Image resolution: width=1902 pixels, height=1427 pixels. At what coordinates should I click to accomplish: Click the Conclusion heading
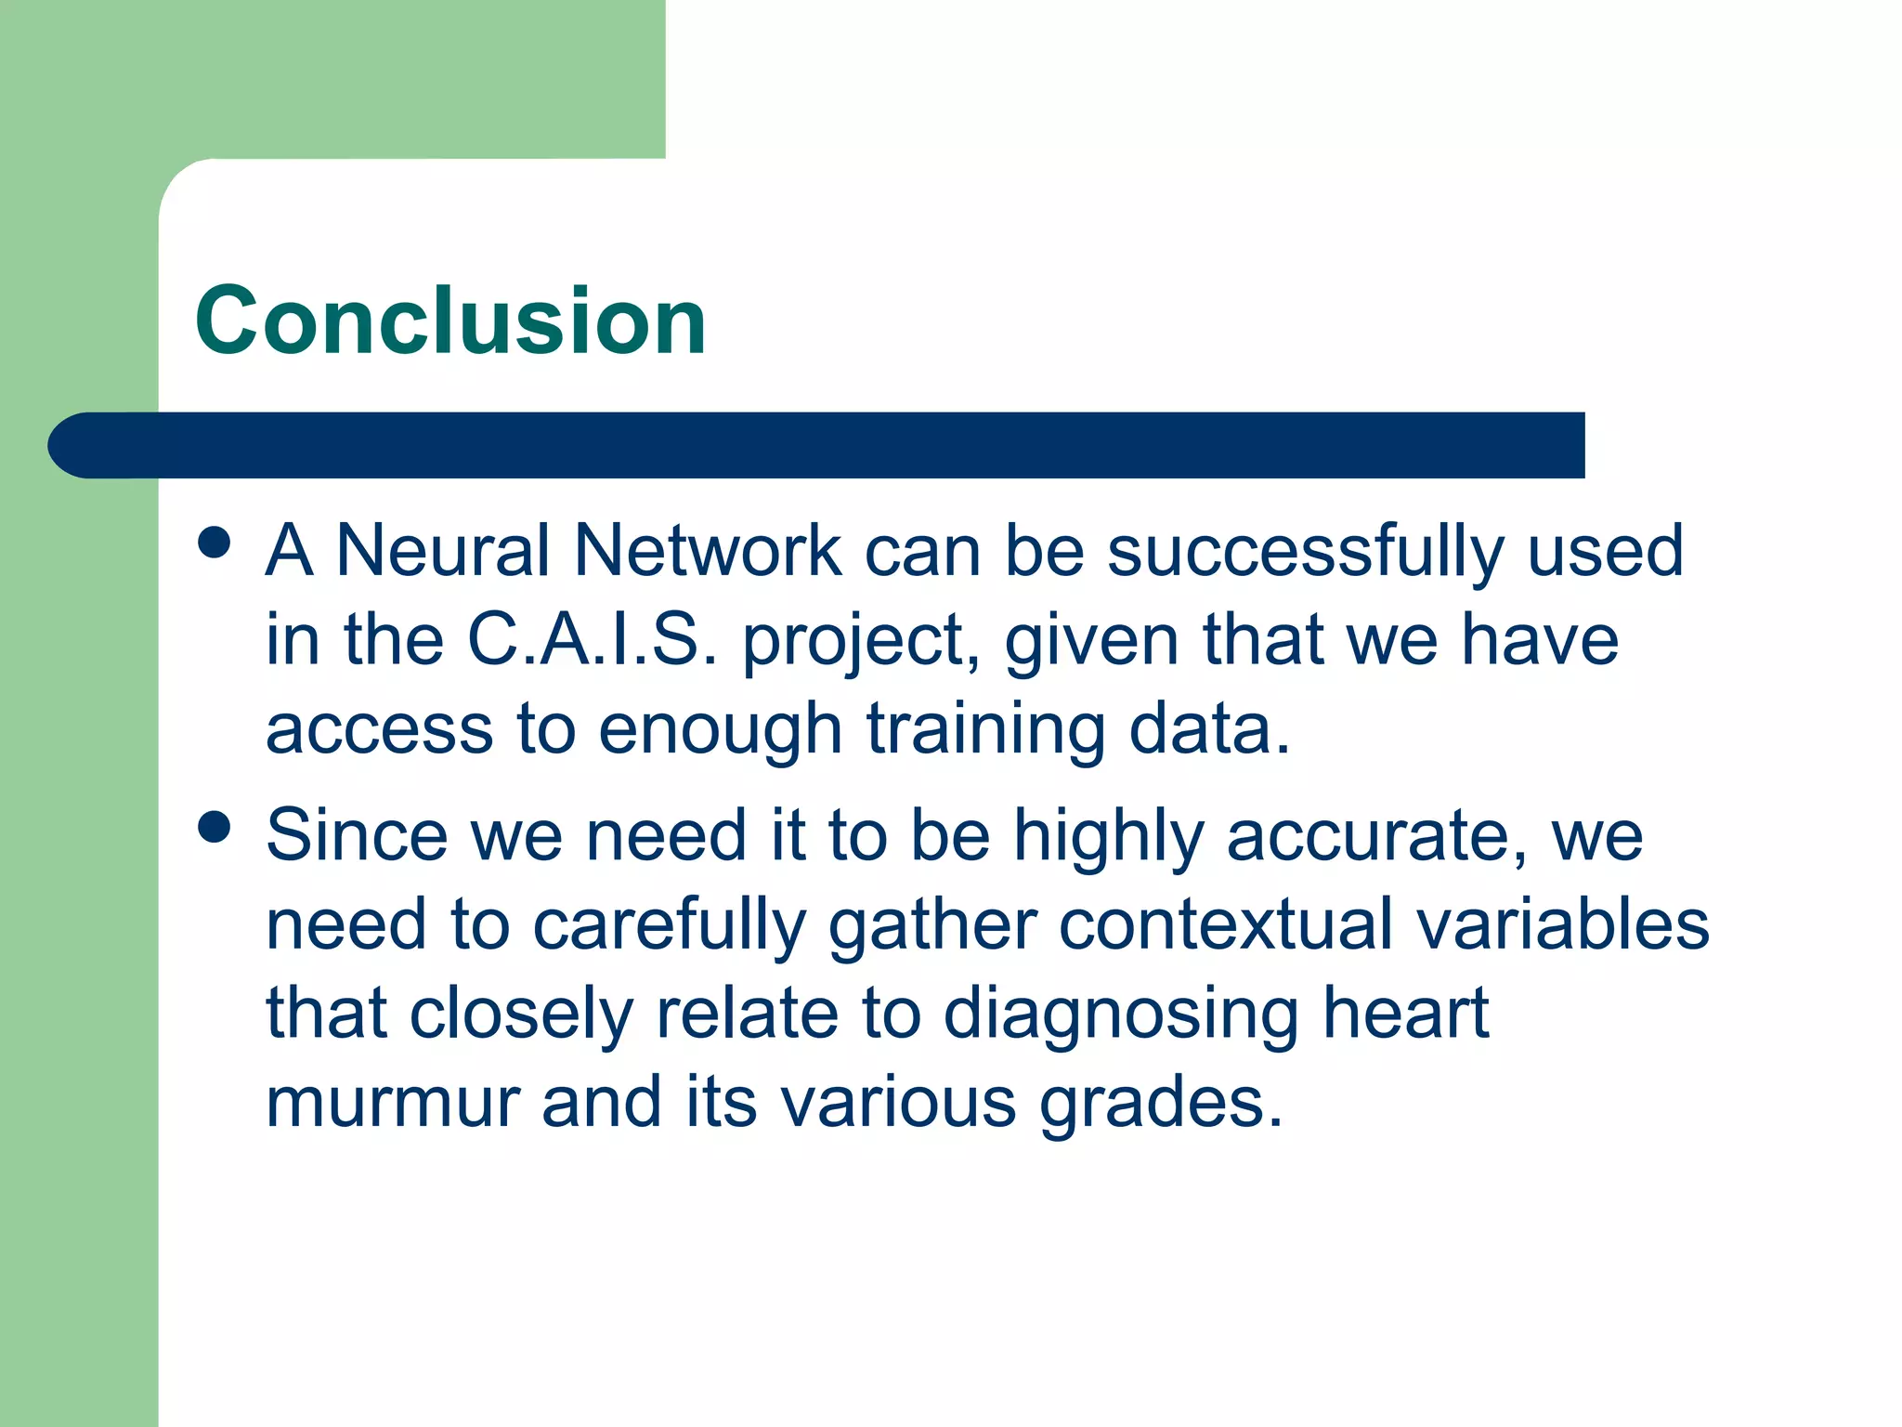pos(450,321)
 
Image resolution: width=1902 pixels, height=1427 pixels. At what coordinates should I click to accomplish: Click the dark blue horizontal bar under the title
pos(817,445)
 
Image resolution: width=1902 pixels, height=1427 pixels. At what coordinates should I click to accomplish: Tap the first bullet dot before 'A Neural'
pos(215,543)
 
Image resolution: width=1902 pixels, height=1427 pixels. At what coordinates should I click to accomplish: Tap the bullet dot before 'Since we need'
pos(215,827)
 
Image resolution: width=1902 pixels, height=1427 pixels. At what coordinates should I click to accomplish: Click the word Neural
pos(444,550)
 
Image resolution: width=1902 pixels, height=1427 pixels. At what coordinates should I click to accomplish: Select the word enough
pos(720,730)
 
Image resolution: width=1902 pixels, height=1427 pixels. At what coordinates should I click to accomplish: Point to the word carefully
pos(669,926)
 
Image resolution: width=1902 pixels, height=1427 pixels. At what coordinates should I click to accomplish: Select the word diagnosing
pos(1121,1015)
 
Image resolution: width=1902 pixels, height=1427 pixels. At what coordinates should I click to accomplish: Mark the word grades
pos(1161,1104)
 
